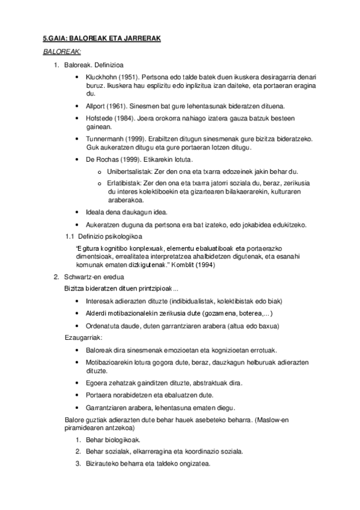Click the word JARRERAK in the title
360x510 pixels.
coord(142,38)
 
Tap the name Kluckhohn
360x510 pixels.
coord(102,78)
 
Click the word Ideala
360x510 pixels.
coord(96,212)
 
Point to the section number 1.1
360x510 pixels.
coord(69,236)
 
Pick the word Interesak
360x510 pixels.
coord(100,301)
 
